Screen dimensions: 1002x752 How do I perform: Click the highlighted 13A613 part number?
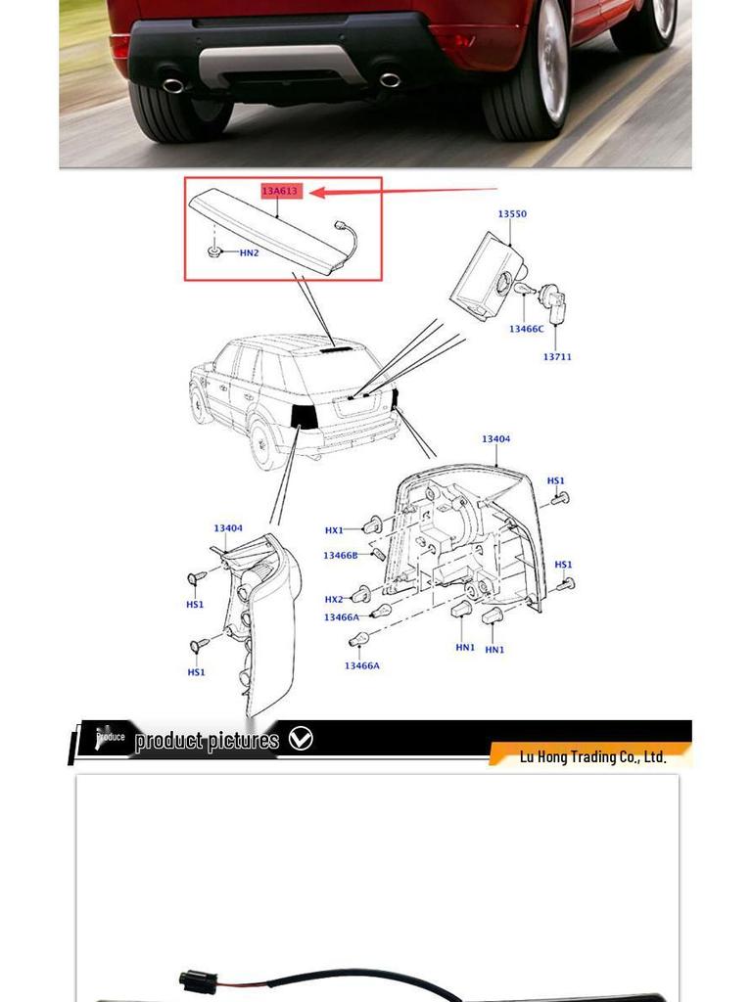pyautogui.click(x=279, y=191)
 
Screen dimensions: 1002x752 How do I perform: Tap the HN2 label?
pyautogui.click(x=249, y=253)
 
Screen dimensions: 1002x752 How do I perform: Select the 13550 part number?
pyautogui.click(x=511, y=214)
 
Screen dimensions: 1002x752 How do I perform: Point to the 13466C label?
pyautogui.click(x=526, y=330)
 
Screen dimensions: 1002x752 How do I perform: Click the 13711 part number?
pyautogui.click(x=557, y=357)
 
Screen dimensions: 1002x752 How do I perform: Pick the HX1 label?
pyautogui.click(x=334, y=530)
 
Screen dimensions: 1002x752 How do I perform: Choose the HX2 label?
pyautogui.click(x=334, y=600)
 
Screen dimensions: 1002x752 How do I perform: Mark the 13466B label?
pyautogui.click(x=341, y=556)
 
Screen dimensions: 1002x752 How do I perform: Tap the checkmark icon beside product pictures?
pyautogui.click(x=301, y=739)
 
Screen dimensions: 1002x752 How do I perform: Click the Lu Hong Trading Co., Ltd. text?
pyautogui.click(x=592, y=756)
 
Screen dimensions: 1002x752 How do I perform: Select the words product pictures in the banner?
pyautogui.click(x=207, y=740)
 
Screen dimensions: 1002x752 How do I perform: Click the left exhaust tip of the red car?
pyautogui.click(x=172, y=85)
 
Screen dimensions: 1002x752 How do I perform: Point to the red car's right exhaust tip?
pyautogui.click(x=389, y=79)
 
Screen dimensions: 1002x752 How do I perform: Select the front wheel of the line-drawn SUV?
pyautogui.click(x=202, y=403)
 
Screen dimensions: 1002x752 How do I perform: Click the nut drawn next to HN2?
pyautogui.click(x=215, y=252)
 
